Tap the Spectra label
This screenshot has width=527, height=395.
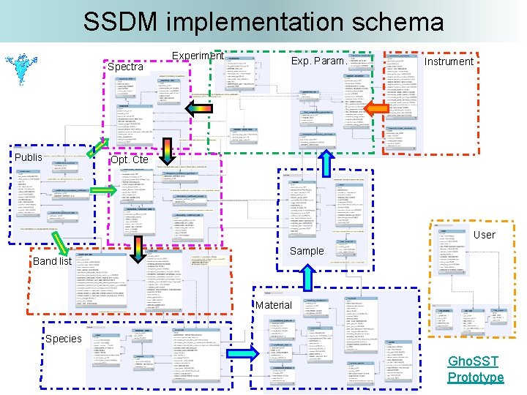(x=125, y=67)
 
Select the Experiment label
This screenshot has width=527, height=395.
(x=197, y=56)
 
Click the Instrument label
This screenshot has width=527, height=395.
(x=449, y=61)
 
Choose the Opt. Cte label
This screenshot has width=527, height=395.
(x=129, y=159)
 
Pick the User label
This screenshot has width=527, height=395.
(x=484, y=235)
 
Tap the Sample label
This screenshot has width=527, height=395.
(x=306, y=251)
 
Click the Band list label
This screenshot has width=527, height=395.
(x=52, y=261)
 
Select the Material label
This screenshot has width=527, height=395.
(x=274, y=305)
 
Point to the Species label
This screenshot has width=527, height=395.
(x=63, y=339)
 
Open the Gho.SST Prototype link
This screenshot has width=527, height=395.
(x=476, y=369)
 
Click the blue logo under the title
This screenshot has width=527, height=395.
(x=28, y=67)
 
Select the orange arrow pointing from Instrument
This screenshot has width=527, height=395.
(x=375, y=109)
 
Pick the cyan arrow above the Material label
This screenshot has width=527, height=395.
(x=307, y=275)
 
